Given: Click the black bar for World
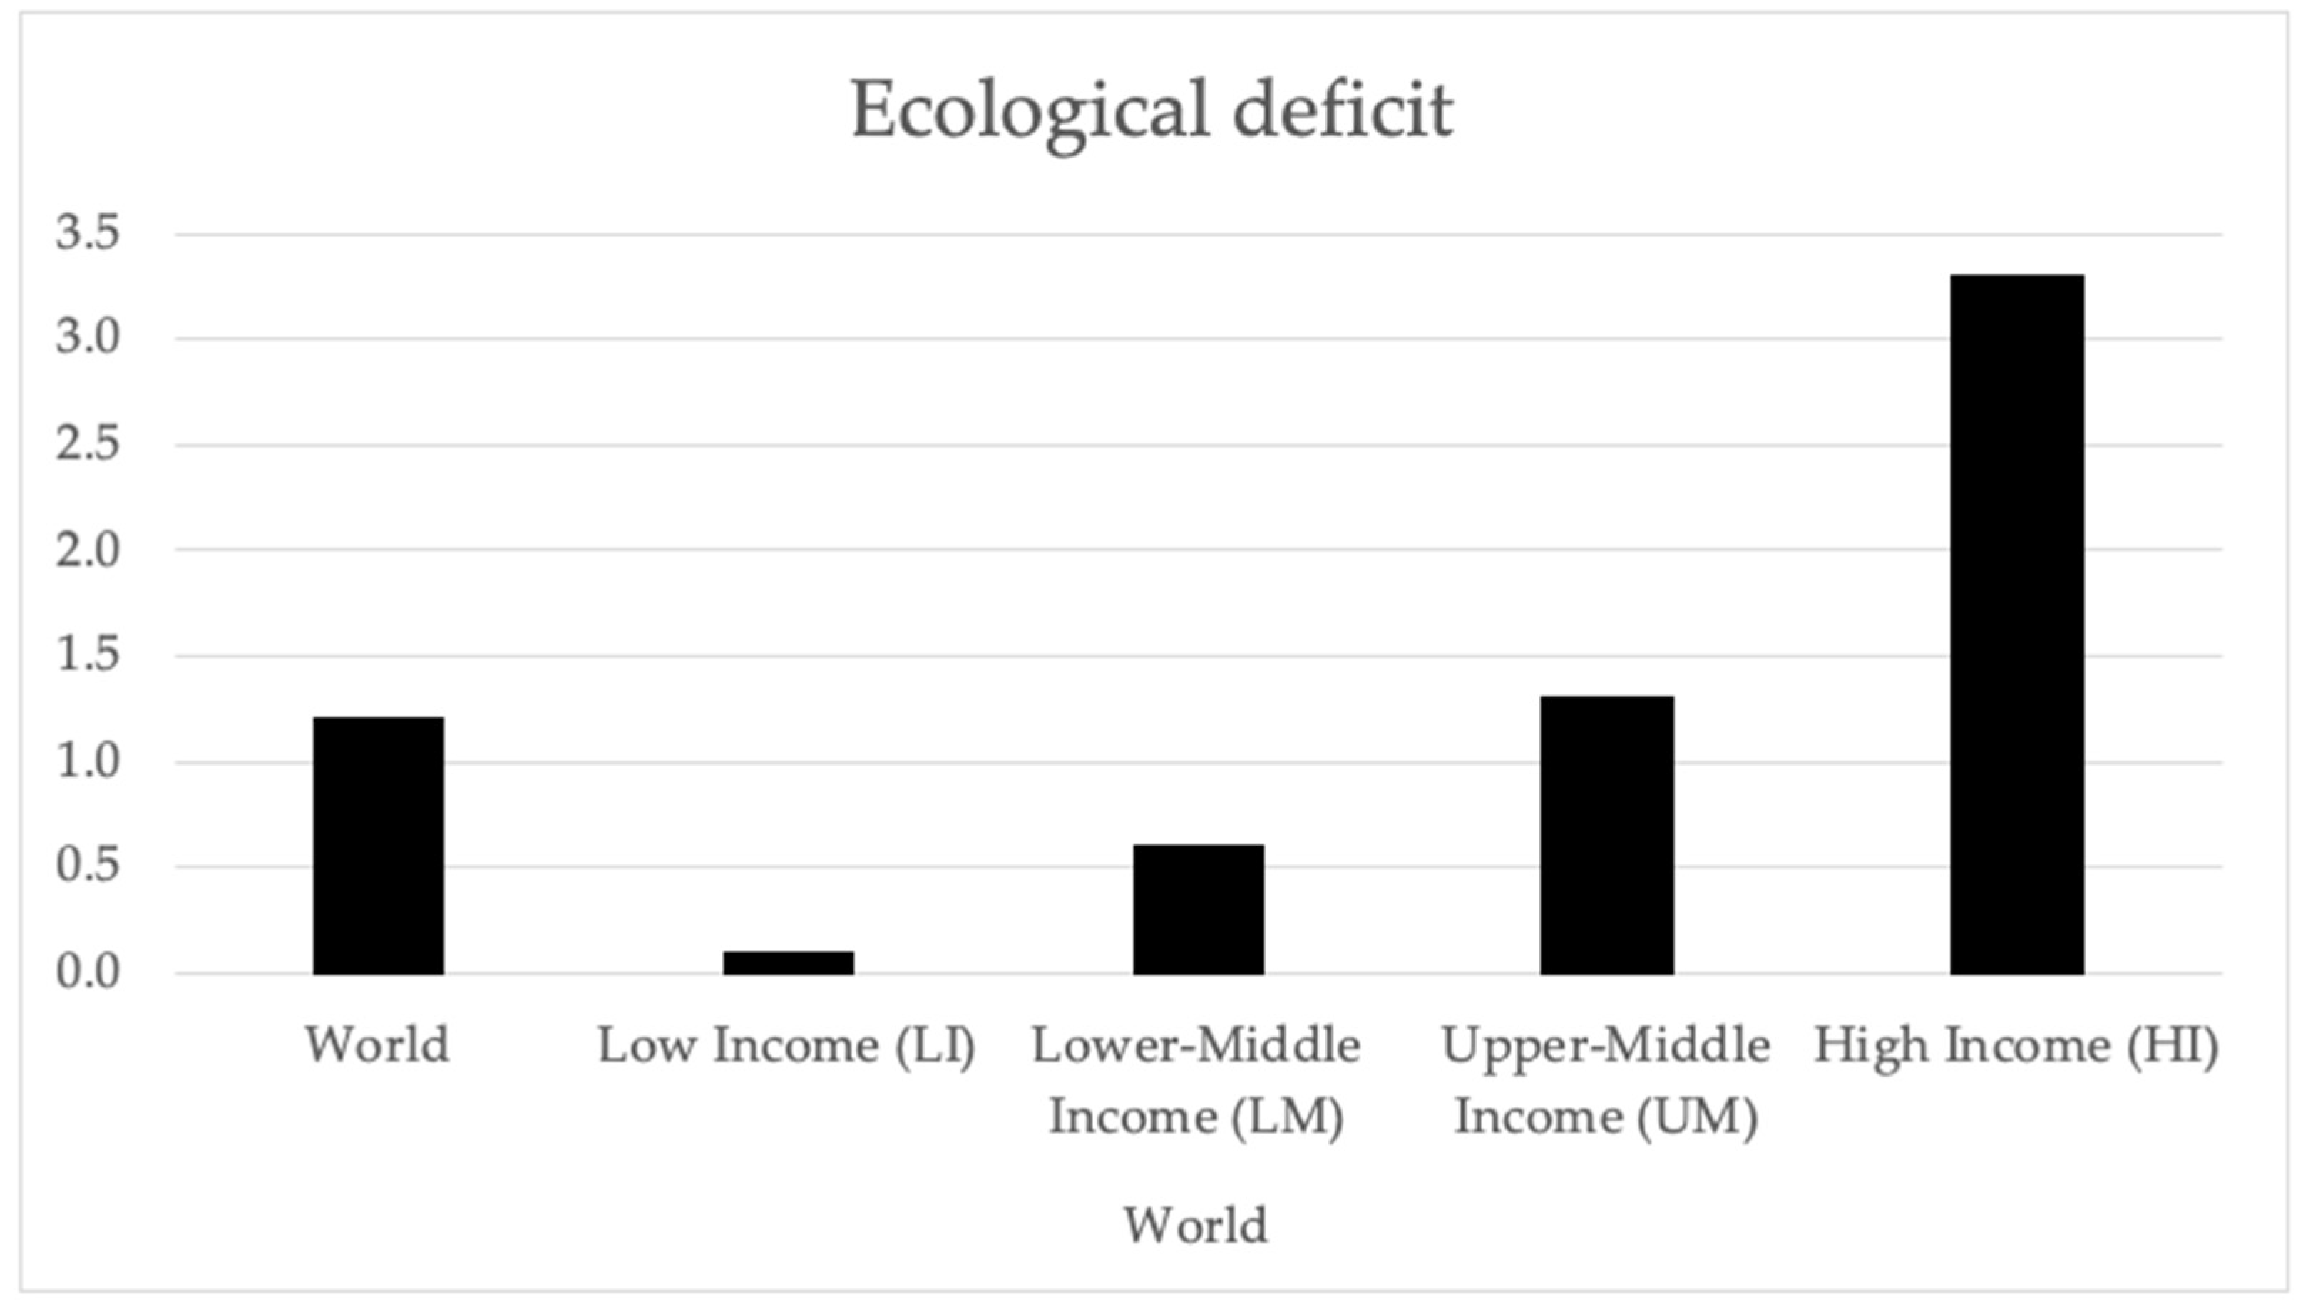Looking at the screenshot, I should click(x=378, y=845).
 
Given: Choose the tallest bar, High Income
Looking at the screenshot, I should click(x=2016, y=625).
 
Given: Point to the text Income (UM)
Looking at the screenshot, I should click(x=1606, y=1117).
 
